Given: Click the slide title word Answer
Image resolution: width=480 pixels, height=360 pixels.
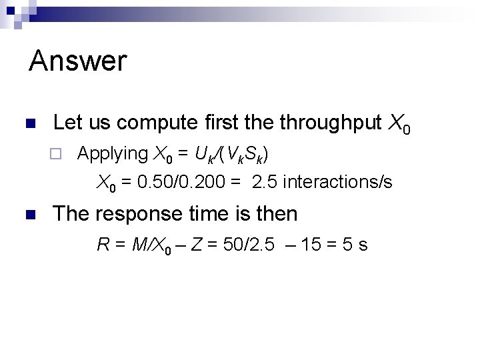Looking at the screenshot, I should [x=78, y=61].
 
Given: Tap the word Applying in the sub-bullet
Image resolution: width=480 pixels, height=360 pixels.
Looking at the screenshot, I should [x=113, y=154].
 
